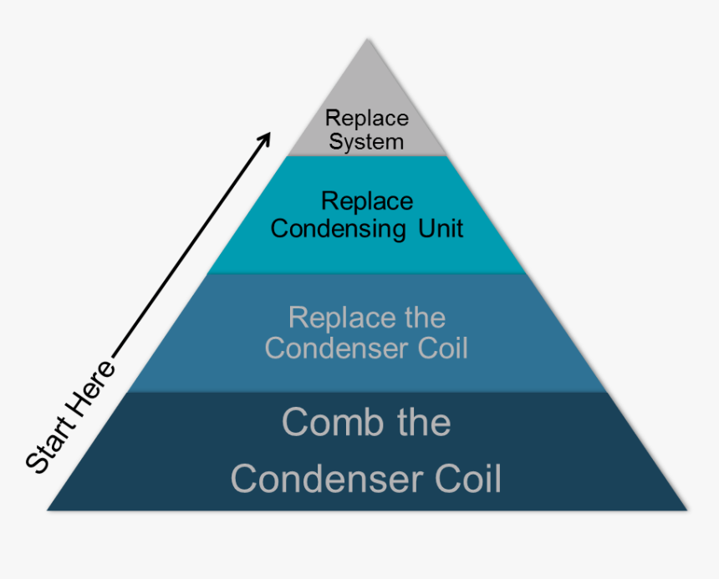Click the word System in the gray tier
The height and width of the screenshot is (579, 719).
pyautogui.click(x=366, y=142)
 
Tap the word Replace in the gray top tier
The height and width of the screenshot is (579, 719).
pyautogui.click(x=366, y=119)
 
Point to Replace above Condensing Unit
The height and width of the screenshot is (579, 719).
pyautogui.click(x=366, y=201)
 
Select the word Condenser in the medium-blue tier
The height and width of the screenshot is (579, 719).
pyautogui.click(x=332, y=348)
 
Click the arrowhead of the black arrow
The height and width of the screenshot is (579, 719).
pyautogui.click(x=267, y=135)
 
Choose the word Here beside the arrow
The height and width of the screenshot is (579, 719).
pyautogui.click(x=94, y=390)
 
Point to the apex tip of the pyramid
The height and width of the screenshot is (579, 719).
pyautogui.click(x=366, y=39)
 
